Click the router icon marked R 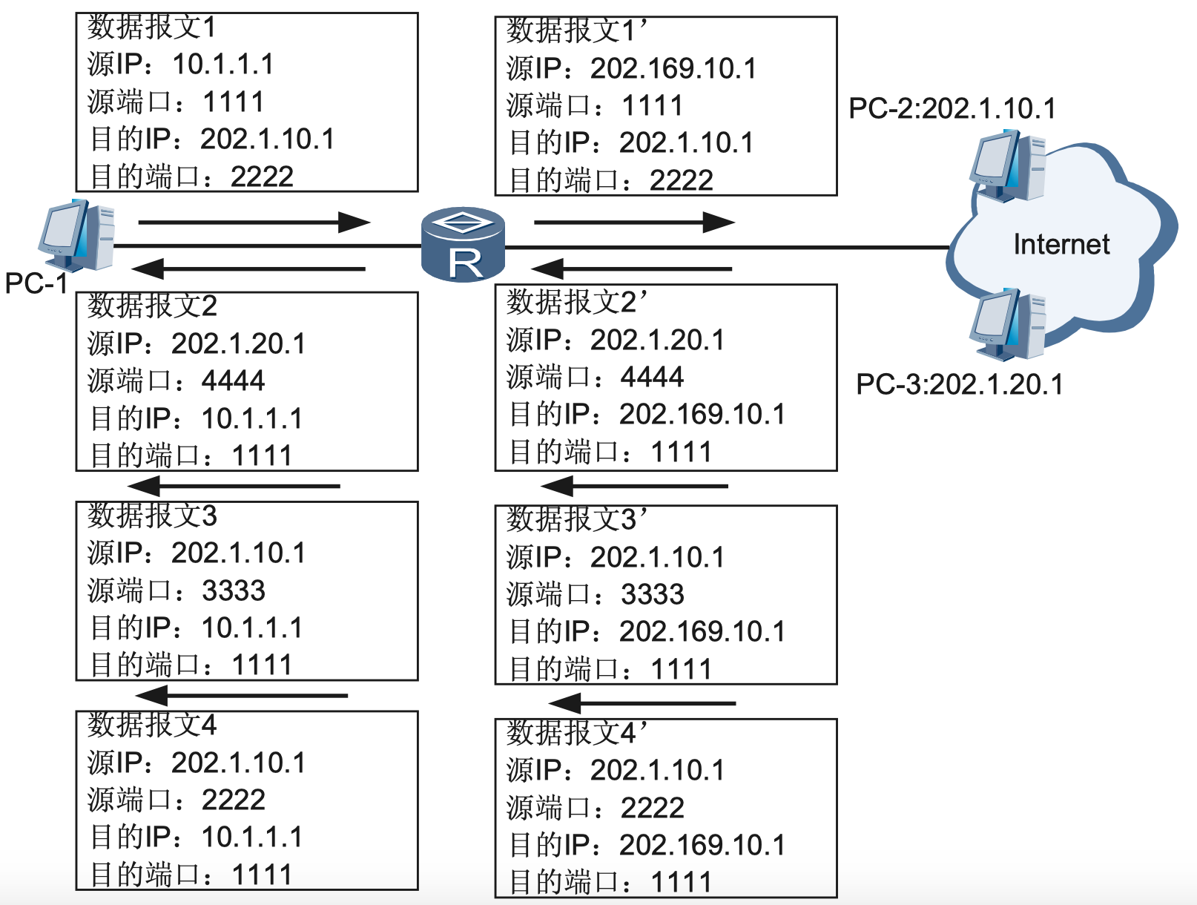tap(463, 245)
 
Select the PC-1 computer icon tap(77, 235)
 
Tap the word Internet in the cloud tap(1061, 244)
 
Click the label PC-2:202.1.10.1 tap(952, 109)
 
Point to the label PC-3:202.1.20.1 tap(959, 384)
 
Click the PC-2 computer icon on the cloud tap(1008, 167)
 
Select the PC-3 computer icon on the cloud tap(1008, 325)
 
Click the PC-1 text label tap(36, 283)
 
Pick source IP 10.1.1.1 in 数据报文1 tap(222, 65)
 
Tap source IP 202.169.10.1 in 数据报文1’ tap(673, 69)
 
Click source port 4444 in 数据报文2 tap(233, 381)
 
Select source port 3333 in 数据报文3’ tap(652, 595)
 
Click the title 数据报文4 tap(152, 725)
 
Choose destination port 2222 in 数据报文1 tap(262, 177)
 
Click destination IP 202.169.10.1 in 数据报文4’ tap(702, 845)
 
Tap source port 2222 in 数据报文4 tap(233, 800)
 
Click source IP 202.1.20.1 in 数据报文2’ tap(657, 340)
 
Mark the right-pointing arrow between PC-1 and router tap(254, 222)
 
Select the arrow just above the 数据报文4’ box tap(642, 703)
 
